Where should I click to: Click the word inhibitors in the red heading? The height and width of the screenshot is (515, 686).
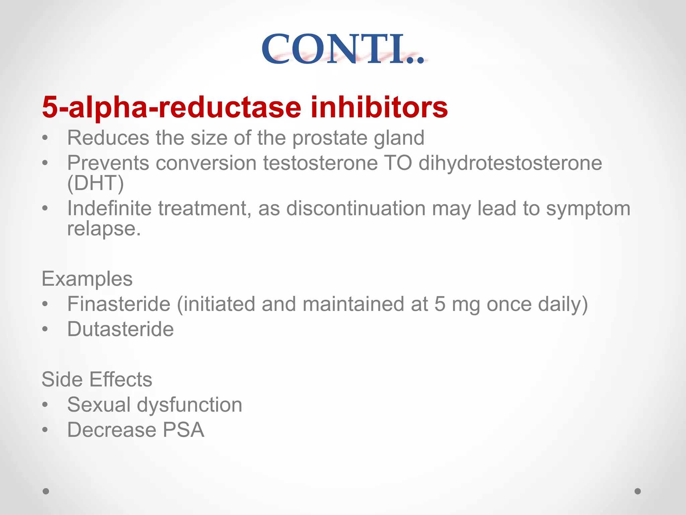(x=379, y=107)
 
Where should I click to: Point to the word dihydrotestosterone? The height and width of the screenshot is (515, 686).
(x=510, y=163)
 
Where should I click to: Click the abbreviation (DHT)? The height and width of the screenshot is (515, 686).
(x=95, y=183)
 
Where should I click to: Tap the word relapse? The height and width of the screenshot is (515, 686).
(x=104, y=229)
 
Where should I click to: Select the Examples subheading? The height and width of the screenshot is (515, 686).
(x=87, y=279)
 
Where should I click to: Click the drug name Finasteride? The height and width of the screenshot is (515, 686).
(x=119, y=304)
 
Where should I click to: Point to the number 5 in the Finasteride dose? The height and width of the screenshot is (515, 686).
(x=440, y=304)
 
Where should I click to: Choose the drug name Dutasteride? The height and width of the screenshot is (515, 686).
(x=120, y=329)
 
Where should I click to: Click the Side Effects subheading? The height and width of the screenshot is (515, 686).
(x=97, y=379)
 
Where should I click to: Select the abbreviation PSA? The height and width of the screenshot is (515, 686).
(x=183, y=430)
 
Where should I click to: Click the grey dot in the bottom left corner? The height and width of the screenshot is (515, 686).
(x=46, y=491)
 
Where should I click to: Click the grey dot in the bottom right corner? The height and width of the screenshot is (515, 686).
(x=638, y=491)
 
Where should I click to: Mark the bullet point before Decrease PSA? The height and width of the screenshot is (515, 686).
(x=45, y=430)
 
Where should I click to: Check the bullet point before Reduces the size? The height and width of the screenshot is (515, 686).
(x=45, y=138)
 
